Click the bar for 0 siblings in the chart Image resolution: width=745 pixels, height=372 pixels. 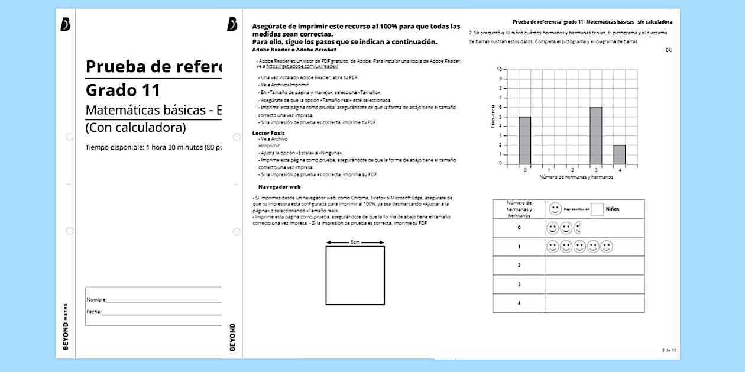525,140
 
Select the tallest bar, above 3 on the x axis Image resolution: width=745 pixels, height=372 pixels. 595,135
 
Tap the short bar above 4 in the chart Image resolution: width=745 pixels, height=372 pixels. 619,154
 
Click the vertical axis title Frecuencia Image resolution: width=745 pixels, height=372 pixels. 492,117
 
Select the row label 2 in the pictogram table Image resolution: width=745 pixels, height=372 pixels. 519,266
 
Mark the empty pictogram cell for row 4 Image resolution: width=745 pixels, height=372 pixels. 594,303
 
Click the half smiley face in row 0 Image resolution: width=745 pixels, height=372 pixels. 577,227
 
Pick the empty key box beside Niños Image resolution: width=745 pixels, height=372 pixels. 597,209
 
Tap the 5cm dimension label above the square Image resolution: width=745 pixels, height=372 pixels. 355,242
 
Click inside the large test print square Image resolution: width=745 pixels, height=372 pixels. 355,275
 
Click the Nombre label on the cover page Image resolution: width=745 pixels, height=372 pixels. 96,300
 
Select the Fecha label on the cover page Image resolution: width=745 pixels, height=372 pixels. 94,312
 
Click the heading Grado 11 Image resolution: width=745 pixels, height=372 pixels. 123,90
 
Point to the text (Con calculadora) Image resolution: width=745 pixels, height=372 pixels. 135,127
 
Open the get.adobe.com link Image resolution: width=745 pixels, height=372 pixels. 302,67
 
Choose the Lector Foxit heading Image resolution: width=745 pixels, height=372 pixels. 268,134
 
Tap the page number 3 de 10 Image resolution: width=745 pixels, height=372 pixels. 669,350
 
